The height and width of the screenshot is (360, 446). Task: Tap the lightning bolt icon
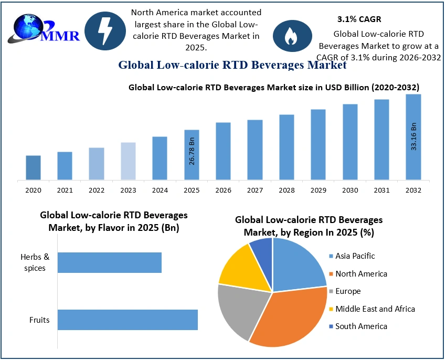[105, 30]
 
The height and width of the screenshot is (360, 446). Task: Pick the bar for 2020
[33, 167]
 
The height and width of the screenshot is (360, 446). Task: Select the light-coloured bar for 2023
[128, 161]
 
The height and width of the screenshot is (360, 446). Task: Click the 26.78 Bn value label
[193, 152]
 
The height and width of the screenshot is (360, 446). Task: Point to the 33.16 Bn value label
[413, 136]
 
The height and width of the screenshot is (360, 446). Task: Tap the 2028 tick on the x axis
[286, 190]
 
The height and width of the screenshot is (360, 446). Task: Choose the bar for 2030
[350, 142]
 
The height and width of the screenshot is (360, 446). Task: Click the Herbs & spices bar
[109, 262]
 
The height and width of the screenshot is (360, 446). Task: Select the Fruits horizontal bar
[128, 320]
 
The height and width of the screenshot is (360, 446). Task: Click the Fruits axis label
[39, 320]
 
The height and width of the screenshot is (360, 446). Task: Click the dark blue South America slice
[262, 249]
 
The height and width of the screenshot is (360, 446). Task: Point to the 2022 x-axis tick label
[97, 190]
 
